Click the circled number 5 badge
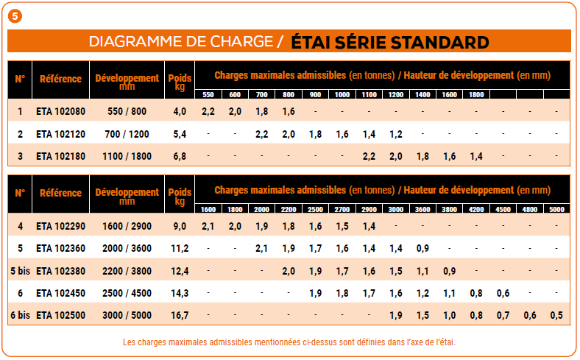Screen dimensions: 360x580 15,15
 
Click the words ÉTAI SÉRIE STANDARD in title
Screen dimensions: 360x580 390,41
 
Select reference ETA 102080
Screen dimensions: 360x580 60,111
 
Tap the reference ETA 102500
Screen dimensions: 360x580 60,315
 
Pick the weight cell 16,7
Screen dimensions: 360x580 180,315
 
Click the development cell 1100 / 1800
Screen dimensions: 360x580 127,156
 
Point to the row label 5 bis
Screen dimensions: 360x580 20,271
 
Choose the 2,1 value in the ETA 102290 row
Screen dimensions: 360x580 208,226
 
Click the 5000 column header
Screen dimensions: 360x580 556,209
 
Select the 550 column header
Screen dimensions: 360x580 208,94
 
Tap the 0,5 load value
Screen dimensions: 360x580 556,315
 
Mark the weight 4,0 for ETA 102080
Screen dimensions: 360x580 180,111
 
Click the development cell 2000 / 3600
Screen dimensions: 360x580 127,248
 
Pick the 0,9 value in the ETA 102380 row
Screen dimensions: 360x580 449,271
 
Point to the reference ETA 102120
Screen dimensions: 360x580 60,134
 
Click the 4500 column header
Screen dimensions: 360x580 503,209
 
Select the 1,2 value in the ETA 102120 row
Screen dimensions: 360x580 395,134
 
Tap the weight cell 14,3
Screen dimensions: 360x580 180,293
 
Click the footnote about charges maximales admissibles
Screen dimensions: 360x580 289,342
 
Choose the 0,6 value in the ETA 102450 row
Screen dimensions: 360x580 503,293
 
